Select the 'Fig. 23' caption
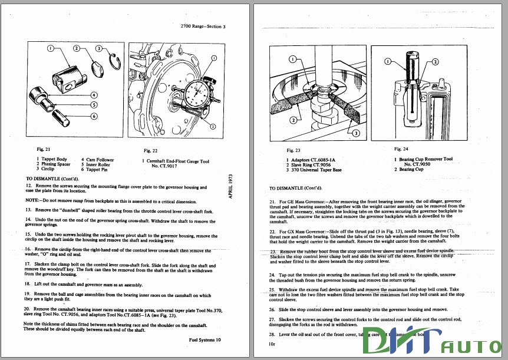point(293,151)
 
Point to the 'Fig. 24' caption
point(401,148)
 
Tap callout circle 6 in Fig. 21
point(94,116)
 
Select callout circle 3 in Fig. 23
point(355,134)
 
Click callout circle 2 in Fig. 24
point(435,61)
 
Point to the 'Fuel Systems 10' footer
point(204,339)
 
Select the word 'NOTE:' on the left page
point(34,200)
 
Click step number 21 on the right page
point(273,202)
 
